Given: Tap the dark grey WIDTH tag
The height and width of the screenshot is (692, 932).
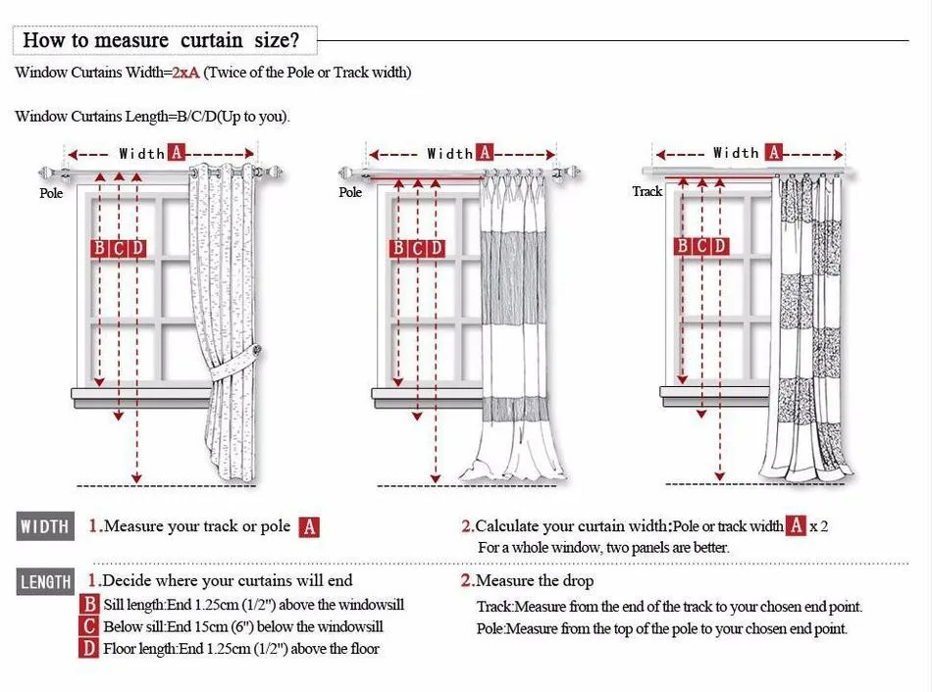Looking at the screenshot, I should click(x=45, y=526).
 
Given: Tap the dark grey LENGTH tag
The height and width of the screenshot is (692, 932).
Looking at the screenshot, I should click(x=45, y=582).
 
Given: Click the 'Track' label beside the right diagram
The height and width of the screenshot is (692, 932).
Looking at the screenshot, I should click(x=647, y=191).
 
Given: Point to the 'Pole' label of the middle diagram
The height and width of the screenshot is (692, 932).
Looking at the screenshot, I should click(x=350, y=192).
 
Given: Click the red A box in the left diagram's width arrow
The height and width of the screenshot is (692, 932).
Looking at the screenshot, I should click(x=177, y=153).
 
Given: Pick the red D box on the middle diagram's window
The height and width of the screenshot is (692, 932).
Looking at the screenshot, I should click(x=436, y=249).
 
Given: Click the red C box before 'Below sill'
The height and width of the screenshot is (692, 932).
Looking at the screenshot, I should click(x=89, y=626).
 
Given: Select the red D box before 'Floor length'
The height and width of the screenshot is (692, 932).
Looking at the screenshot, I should click(x=89, y=648).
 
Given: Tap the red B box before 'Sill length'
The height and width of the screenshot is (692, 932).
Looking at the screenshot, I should click(x=89, y=605).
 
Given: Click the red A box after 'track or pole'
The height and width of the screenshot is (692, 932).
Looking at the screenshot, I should click(x=309, y=527).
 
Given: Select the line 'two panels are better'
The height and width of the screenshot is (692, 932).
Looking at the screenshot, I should click(x=603, y=548).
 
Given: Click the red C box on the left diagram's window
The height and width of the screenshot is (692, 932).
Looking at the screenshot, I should click(x=119, y=248).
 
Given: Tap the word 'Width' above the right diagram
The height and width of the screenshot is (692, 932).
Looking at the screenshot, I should click(x=736, y=153).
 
